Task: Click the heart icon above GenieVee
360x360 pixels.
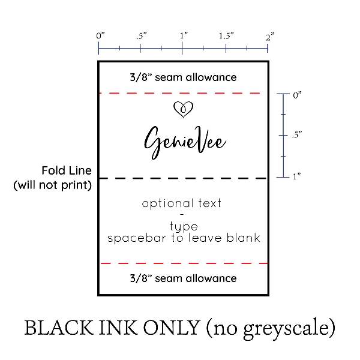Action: point(183,110)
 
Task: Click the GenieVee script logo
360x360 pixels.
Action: point(185,143)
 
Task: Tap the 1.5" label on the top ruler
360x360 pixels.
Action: point(226,36)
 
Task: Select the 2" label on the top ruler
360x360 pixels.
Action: point(270,37)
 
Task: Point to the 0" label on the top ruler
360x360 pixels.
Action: point(100,36)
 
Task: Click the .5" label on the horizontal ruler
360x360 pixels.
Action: point(141,36)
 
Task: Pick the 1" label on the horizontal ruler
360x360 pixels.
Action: point(184,36)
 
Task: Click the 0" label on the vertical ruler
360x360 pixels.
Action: point(297,95)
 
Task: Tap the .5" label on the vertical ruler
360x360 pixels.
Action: point(297,134)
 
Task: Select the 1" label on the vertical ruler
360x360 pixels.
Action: point(296,176)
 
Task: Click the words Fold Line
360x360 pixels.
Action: point(67,170)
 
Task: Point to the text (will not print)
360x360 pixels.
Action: point(53,185)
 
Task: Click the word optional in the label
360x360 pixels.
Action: point(167,203)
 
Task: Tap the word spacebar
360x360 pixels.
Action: point(137,238)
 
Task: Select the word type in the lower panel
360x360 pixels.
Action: point(184,227)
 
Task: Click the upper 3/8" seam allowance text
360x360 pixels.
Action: point(183,77)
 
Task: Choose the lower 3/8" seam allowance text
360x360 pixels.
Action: point(183,278)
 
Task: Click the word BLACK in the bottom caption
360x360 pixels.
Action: point(59,328)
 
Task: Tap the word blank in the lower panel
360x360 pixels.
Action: point(244,238)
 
